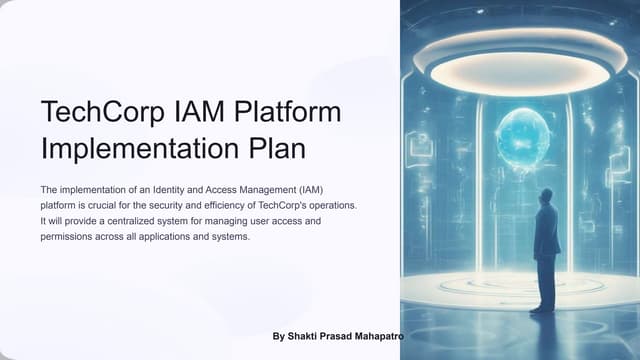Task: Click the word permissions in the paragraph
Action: click(x=68, y=237)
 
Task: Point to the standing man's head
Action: click(x=546, y=195)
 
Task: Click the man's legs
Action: click(x=546, y=284)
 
